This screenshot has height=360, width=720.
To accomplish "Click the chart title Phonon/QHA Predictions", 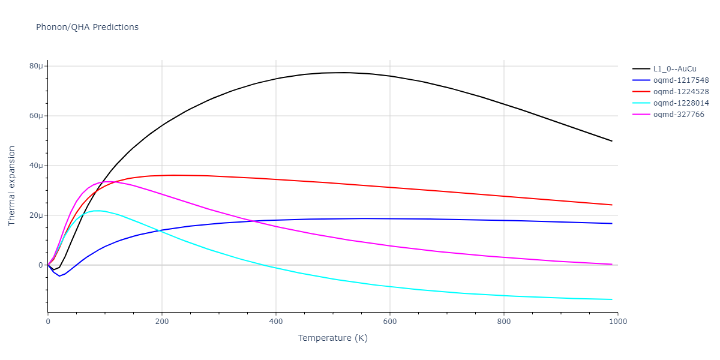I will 87,27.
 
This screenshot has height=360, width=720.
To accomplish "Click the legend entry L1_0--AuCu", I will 675,69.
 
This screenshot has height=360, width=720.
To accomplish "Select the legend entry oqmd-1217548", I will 681,80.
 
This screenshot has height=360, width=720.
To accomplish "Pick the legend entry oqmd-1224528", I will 681,92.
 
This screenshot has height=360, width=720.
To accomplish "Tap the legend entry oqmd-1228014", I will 681,103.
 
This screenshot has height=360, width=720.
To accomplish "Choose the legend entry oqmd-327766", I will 679,115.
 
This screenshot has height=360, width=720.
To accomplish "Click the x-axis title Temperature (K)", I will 332,338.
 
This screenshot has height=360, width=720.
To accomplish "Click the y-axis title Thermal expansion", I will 12,186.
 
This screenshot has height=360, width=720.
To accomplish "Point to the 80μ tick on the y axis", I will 36,66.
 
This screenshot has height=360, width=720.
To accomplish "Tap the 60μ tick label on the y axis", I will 36,116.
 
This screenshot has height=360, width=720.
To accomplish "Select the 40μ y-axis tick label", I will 36,166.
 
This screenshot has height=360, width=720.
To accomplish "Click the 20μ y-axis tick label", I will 36,215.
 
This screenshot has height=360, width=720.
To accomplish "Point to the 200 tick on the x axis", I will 162,322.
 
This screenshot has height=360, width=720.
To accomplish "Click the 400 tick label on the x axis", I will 276,322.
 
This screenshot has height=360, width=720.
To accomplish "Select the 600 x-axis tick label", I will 390,322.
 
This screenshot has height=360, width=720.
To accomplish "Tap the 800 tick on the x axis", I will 504,322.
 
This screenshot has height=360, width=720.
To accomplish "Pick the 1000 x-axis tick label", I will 618,322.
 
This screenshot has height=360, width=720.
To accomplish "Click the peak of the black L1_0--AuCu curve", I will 345,73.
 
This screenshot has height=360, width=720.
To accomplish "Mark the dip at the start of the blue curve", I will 59,276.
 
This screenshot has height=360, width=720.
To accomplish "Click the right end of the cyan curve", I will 612,299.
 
